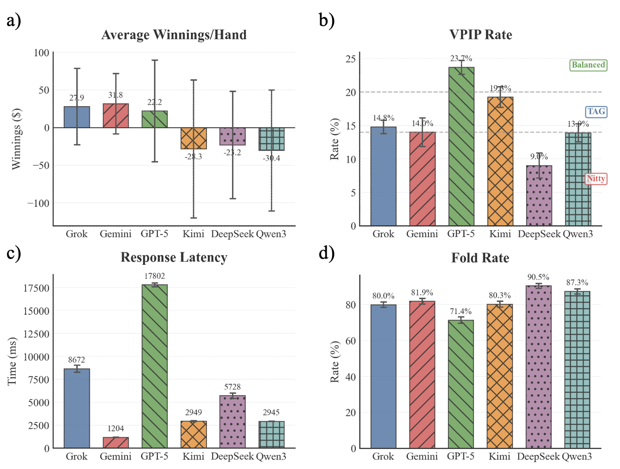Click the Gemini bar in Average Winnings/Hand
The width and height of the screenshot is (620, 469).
tap(116, 115)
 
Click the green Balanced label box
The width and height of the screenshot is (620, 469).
tap(588, 65)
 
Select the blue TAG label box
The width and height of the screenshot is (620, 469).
tap(596, 112)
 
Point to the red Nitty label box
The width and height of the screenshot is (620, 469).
tap(596, 179)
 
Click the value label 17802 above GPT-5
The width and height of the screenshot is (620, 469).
tap(154, 276)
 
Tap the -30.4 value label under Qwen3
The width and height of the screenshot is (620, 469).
tap(271, 158)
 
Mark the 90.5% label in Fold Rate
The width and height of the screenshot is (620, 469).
tap(538, 277)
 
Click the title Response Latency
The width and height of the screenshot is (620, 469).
tap(174, 258)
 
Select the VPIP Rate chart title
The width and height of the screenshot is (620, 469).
tap(480, 35)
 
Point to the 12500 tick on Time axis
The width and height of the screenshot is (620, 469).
tap(37, 334)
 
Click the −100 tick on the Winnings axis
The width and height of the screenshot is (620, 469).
tap(38, 203)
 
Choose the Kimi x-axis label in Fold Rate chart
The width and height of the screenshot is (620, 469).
tap(499, 456)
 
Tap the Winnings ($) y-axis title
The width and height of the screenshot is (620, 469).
tap(16, 139)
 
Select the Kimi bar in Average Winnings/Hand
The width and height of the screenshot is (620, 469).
tap(194, 138)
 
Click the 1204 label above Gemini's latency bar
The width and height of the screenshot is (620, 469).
tap(116, 429)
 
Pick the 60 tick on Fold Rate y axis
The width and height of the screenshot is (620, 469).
tap(351, 341)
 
